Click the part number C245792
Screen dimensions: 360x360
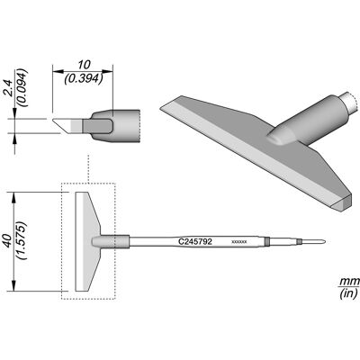tap(195, 241)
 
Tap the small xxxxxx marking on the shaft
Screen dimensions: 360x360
tap(239, 241)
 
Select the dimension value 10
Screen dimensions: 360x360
tap(84, 65)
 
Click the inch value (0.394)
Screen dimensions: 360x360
tap(84, 78)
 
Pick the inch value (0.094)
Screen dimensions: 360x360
tap(22, 88)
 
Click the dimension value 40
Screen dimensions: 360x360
tap(9, 241)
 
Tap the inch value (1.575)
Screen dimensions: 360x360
tap(22, 241)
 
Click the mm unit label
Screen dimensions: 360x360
tap(350, 282)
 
